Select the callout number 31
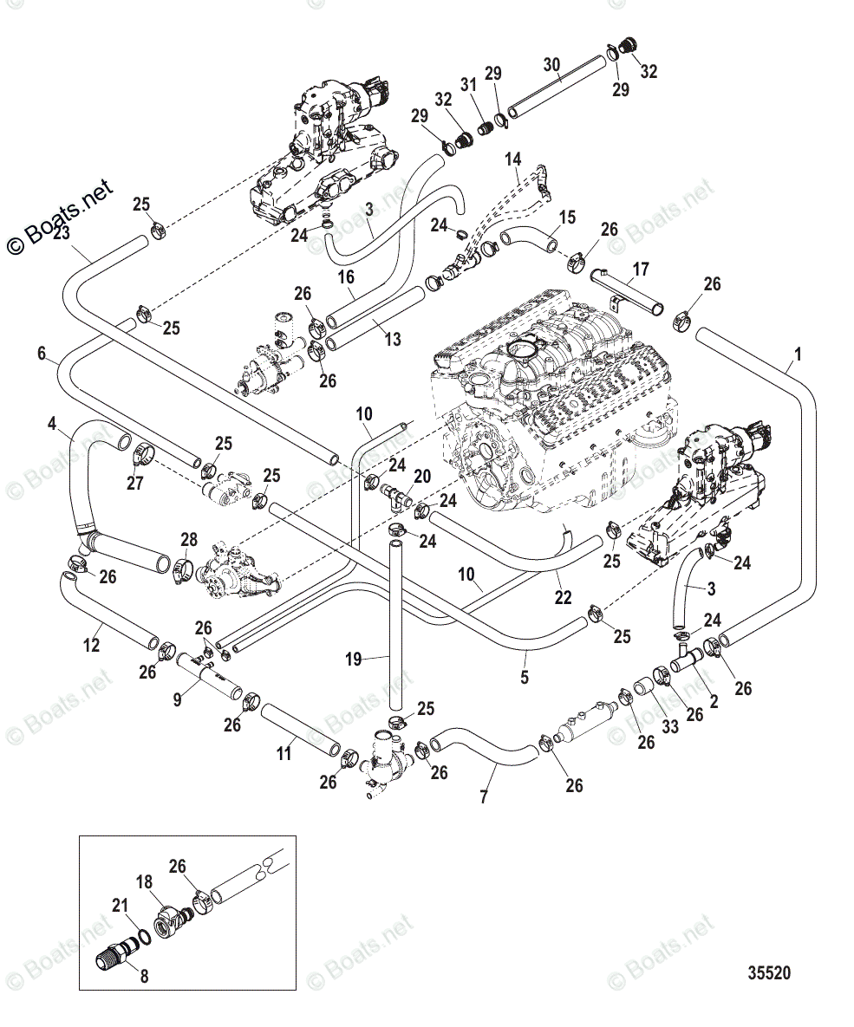tap(469, 84)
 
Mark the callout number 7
tap(483, 795)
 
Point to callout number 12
tap(91, 645)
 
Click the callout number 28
tap(189, 541)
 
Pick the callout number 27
tap(135, 483)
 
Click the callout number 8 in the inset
tap(144, 975)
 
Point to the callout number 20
tap(421, 476)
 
